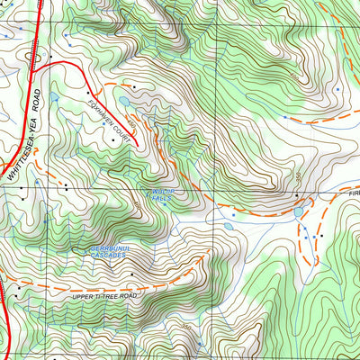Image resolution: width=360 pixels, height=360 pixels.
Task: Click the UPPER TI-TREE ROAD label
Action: (x=107, y=295)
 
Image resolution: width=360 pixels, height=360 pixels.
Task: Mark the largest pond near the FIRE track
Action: (x=298, y=213)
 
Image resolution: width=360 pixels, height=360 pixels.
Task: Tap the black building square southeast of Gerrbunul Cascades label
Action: (x=131, y=273)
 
